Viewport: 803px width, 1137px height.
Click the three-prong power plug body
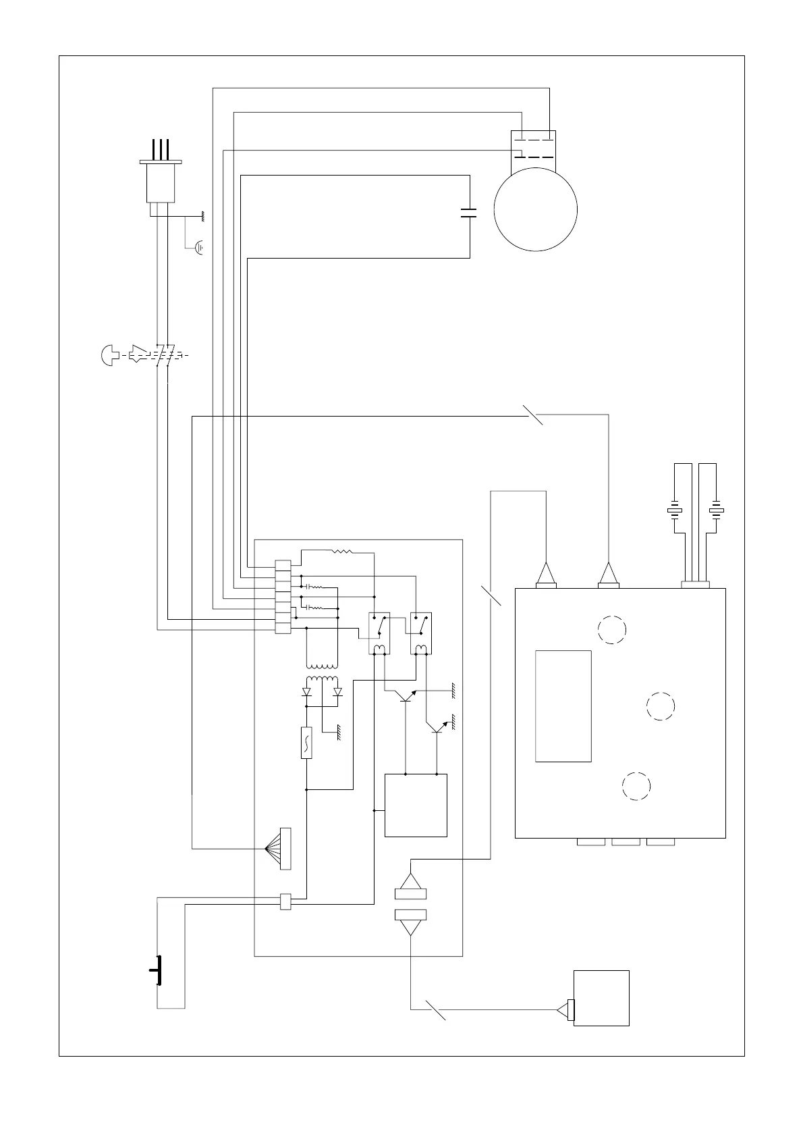click(161, 182)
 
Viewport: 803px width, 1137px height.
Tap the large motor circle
click(535, 209)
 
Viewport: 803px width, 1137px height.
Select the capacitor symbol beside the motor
click(468, 213)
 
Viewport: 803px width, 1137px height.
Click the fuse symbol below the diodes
click(306, 743)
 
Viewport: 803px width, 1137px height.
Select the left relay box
click(379, 633)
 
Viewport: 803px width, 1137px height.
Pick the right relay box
click(421, 633)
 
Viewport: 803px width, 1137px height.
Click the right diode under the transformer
click(337, 692)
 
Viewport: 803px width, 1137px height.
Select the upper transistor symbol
click(407, 697)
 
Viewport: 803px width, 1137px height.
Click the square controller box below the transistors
click(416, 805)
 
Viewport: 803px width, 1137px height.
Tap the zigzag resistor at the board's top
click(341, 552)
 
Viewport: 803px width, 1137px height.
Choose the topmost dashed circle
click(612, 629)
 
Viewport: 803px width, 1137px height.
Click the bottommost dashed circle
click(636, 785)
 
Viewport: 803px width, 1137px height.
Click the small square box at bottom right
click(601, 998)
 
